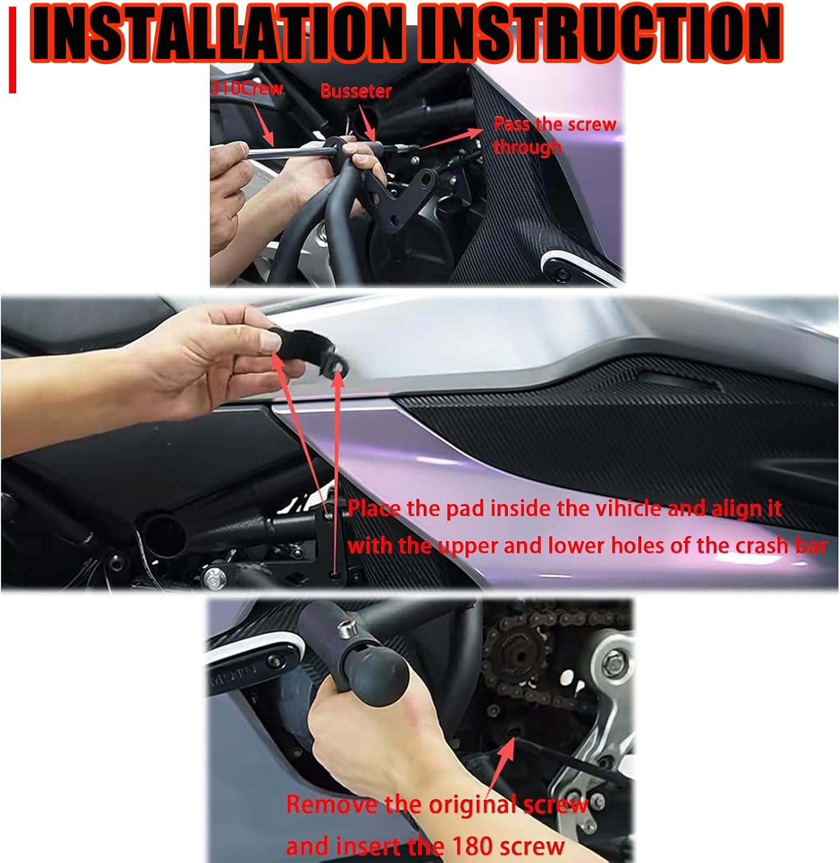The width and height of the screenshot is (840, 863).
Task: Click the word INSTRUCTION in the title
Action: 600,33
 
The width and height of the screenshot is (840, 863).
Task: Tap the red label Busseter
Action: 356,91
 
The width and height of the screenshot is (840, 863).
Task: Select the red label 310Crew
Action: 247,88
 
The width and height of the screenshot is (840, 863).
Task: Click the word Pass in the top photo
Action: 512,124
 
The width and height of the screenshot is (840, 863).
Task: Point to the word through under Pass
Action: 527,147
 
